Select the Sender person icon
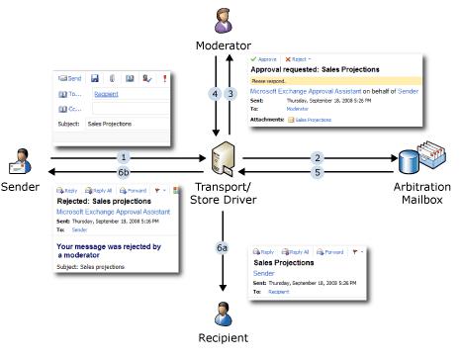coord(23,157)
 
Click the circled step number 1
coord(124,157)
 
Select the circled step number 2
coord(318,157)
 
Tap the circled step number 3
coord(230,94)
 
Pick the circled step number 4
coord(214,94)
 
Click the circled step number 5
coord(318,171)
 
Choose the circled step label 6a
coord(223,248)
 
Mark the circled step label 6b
coord(124,171)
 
